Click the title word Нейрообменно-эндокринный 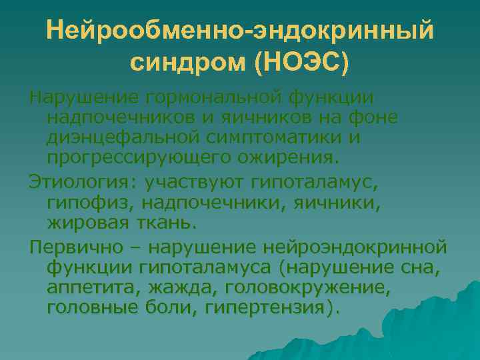(240, 31)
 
